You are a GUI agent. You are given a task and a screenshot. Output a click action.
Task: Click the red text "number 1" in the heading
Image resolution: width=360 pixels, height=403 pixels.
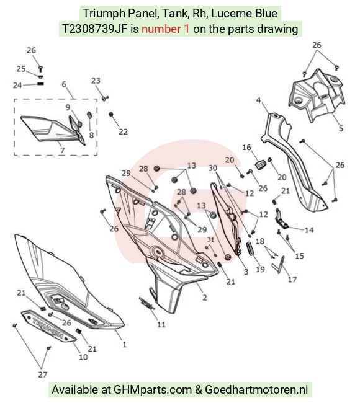click(x=165, y=29)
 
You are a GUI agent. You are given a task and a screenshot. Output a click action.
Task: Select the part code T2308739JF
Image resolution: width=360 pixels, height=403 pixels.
click(x=95, y=29)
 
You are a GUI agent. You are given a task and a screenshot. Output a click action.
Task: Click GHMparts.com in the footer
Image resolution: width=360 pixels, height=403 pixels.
click(x=153, y=389)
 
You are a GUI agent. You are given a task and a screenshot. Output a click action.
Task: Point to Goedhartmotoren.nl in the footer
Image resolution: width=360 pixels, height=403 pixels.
click(x=256, y=389)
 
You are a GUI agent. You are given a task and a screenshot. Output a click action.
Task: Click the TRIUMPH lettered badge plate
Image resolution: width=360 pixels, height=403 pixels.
click(x=48, y=326)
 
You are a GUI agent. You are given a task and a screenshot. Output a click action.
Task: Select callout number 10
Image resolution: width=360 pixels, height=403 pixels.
click(x=83, y=357)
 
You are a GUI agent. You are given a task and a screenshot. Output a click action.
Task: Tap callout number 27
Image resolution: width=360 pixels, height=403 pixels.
click(x=43, y=374)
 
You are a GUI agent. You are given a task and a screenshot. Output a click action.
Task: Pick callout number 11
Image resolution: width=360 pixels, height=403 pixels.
click(x=161, y=325)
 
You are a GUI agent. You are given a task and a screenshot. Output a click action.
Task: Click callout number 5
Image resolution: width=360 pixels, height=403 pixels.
click(x=341, y=128)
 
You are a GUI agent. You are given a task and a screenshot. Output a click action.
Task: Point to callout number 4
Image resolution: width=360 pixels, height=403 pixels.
click(x=259, y=100)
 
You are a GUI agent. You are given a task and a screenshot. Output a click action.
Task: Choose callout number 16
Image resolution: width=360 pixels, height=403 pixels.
click(x=246, y=148)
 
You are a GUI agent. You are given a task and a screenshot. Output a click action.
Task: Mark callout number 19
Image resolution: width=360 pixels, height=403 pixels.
click(x=261, y=269)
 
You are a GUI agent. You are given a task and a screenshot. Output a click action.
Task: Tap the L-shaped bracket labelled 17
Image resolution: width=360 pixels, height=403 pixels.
click(x=279, y=265)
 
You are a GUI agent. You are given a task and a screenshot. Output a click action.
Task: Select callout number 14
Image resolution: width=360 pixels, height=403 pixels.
click(x=309, y=230)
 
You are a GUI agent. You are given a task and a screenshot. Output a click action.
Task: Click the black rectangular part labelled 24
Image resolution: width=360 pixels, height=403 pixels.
click(x=40, y=84)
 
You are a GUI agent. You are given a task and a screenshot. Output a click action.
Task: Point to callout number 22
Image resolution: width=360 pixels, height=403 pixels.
click(x=124, y=131)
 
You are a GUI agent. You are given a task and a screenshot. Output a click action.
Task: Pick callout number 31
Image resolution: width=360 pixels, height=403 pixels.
click(x=210, y=239)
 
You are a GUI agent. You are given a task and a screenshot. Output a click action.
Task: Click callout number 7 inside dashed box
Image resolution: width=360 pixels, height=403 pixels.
click(x=62, y=150)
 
